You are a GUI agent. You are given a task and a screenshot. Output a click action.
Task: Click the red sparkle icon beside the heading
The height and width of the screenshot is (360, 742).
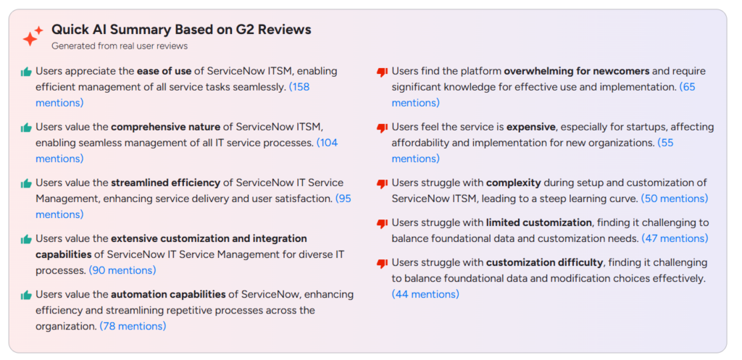[x=33, y=36]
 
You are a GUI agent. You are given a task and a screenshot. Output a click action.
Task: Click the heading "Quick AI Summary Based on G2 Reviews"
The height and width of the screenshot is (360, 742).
[x=181, y=30]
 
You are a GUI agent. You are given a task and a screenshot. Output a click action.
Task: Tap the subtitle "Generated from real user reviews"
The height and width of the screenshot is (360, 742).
[x=120, y=46]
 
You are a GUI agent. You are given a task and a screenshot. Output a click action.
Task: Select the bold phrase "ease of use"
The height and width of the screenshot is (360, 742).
[x=164, y=72]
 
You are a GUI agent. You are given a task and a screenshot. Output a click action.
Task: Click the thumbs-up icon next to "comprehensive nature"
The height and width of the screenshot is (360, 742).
[x=26, y=127]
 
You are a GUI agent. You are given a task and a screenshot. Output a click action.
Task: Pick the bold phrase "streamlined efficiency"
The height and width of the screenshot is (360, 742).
[x=166, y=183]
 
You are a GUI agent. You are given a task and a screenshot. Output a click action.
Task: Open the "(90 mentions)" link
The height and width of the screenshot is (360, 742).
[x=122, y=271]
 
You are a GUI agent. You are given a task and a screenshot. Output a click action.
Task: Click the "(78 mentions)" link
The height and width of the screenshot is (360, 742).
[x=133, y=327]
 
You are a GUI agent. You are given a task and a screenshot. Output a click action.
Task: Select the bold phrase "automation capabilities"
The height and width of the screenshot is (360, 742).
[x=168, y=295]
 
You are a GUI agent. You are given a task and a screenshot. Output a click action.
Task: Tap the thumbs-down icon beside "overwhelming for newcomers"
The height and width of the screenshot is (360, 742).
[x=382, y=72]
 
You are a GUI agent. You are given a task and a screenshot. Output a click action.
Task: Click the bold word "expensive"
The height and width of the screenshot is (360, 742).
[x=531, y=127]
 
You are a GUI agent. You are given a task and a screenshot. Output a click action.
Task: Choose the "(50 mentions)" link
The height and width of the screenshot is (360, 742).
[x=675, y=198]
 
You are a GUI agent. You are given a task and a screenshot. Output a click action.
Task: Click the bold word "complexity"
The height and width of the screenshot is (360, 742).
[x=514, y=183]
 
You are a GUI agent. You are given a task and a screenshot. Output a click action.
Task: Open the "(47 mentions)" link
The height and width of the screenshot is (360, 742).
[x=675, y=238]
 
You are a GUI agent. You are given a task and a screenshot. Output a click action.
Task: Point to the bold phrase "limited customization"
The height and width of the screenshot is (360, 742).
[x=539, y=222]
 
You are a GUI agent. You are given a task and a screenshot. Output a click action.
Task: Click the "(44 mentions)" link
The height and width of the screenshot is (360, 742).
[x=425, y=294]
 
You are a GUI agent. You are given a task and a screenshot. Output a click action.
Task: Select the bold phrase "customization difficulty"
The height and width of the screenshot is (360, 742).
[x=545, y=262]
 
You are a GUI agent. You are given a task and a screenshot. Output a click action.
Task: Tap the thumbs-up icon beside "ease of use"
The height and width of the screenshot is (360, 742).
[x=26, y=72]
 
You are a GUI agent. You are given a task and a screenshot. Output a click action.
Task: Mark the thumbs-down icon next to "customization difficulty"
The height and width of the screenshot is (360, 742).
[x=382, y=264]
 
